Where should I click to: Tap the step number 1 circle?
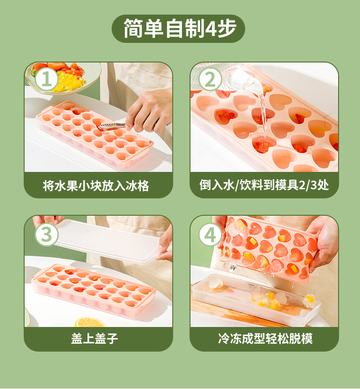point(46,79)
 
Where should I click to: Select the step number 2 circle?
point(210,79)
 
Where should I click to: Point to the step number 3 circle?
point(46,234)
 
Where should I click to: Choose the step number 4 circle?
point(210,234)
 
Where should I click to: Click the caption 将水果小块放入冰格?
point(96,185)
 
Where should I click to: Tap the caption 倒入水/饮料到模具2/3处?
point(264,185)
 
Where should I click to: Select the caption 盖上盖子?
point(94,338)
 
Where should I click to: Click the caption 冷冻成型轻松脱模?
point(265,338)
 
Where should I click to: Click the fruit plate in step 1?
point(64,78)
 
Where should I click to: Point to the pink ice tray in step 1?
point(94,135)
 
